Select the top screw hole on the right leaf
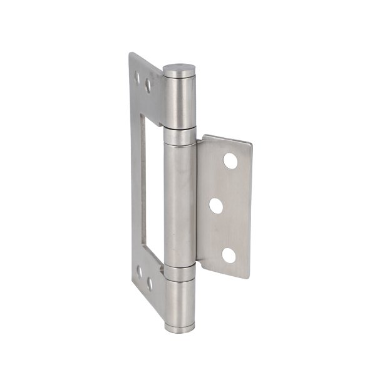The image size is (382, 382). tap(230, 161)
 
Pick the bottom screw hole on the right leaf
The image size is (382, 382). tap(229, 255)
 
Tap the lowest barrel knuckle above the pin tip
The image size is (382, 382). tap(179, 300)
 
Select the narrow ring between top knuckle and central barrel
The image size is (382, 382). tap(179, 136)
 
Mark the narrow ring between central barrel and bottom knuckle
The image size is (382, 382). tap(180, 273)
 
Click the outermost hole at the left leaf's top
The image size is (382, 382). tap(137, 77)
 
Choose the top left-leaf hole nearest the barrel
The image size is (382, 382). tap(148, 86)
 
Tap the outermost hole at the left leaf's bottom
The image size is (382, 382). tap(140, 271)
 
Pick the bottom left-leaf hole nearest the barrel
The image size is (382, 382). tap(150, 284)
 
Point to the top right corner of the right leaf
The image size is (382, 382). tap(251, 143)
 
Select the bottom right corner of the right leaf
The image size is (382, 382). tap(249, 277)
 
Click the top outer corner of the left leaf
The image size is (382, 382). tap(130, 53)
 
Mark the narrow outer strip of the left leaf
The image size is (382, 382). tap(135, 182)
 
